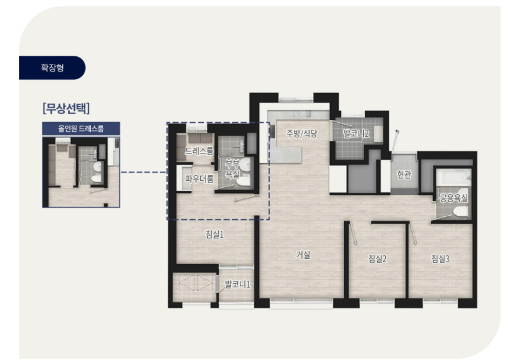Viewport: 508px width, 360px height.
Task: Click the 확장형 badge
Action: click(52, 67)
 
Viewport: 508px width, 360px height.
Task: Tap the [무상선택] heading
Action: click(66, 108)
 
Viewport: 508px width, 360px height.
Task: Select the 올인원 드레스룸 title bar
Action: click(81, 129)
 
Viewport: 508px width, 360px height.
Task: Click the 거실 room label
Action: click(303, 255)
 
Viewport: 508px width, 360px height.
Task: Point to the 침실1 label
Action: click(215, 234)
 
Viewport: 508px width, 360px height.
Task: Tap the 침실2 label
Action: click(378, 259)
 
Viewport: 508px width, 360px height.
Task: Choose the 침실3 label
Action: click(440, 259)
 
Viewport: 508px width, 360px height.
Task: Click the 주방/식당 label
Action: click(301, 133)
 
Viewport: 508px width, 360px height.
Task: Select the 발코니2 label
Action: click(356, 133)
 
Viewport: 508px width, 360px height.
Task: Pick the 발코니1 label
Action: click(237, 284)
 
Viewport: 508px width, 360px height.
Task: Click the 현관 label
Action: click(404, 174)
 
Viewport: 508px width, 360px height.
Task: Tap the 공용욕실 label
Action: click(453, 198)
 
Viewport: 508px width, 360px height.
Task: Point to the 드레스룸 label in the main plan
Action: click(199, 151)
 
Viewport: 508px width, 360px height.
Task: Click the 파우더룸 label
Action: click(199, 179)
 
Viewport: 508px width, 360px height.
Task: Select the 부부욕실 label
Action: click(232, 169)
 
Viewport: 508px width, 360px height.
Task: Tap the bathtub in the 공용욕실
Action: click(453, 178)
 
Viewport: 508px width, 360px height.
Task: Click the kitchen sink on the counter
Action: click(301, 113)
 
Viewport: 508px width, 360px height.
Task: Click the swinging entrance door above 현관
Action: click(395, 141)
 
